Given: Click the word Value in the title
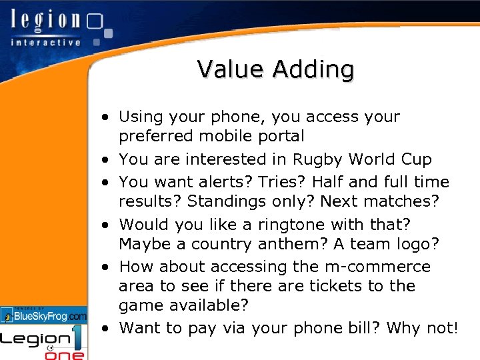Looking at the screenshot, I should [x=227, y=69].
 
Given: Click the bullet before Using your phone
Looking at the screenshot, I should [x=106, y=118].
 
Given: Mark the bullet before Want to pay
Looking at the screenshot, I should [x=106, y=329].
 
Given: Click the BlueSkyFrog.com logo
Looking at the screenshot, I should [x=44, y=315].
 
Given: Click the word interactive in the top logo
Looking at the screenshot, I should [x=45, y=42].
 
